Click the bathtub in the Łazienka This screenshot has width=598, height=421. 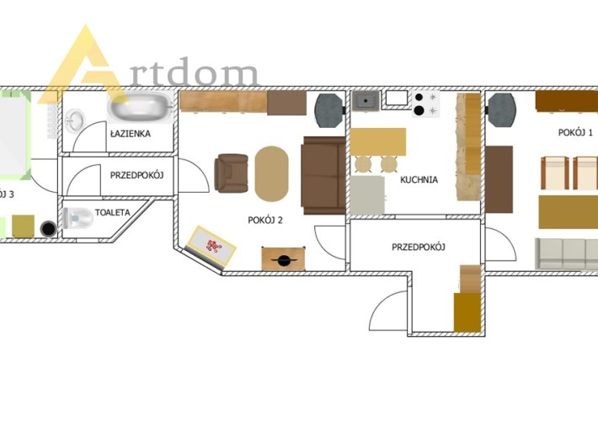coord(140,107)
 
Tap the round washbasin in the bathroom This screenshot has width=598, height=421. coord(75,120)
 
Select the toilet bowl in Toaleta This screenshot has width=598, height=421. coord(77,218)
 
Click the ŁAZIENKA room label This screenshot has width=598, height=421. coord(131,134)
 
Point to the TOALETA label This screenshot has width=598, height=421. coord(113,212)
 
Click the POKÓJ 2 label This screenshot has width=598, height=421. coord(265,220)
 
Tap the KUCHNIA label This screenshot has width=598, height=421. coord(419,179)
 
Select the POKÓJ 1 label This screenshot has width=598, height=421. coord(575,133)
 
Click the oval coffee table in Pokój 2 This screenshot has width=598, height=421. coord(271,173)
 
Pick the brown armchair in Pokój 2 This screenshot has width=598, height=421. coord(231,173)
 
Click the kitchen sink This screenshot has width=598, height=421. coord(366,101)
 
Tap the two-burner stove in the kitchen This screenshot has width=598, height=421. coord(425,104)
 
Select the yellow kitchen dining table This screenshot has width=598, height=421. coord(377,141)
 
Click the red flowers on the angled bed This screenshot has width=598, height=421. coord(213,246)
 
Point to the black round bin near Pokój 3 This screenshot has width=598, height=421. coord(49,229)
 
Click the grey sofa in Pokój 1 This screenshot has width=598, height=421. coord(566,253)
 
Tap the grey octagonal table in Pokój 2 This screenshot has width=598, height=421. coord(328,110)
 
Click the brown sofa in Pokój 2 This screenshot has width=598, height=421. coord(323,175)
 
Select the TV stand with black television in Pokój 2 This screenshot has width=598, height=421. coord(283,259)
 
